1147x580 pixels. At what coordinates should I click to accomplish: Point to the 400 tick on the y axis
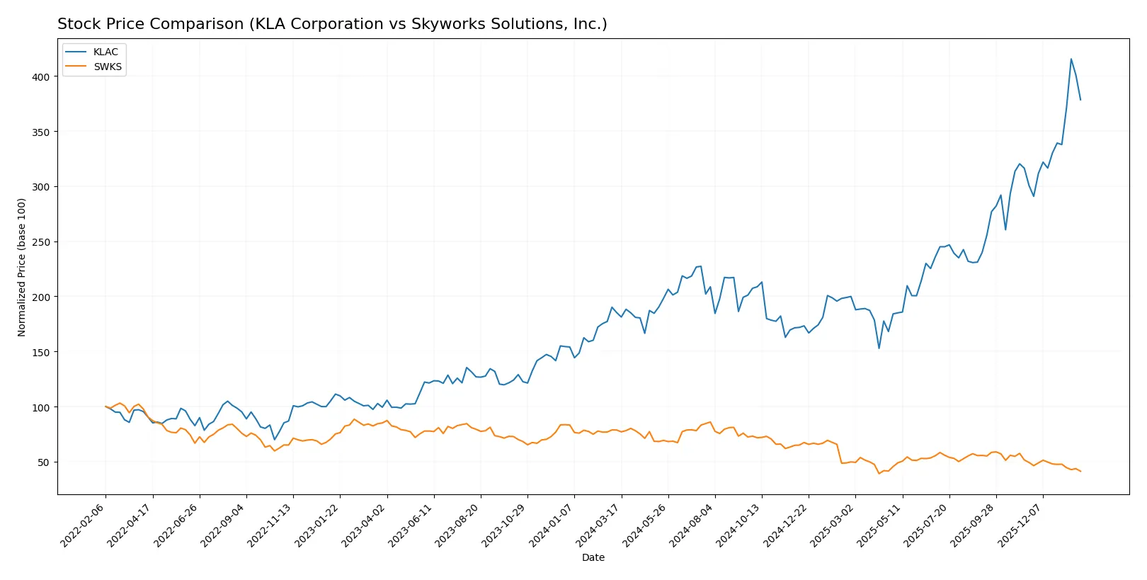pyautogui.click(x=40, y=76)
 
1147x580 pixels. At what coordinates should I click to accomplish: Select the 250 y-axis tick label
pyautogui.click(x=40, y=242)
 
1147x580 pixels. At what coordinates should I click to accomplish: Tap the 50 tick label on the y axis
pyautogui.click(x=43, y=462)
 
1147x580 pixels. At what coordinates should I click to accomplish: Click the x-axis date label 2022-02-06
pyautogui.click(x=84, y=525)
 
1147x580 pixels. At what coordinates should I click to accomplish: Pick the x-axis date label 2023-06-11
pyautogui.click(x=412, y=525)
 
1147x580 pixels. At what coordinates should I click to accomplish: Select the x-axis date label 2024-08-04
pyautogui.click(x=693, y=525)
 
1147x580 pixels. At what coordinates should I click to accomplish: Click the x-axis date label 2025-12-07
pyautogui.click(x=1021, y=525)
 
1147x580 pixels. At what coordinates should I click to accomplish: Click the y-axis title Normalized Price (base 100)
pyautogui.click(x=21, y=267)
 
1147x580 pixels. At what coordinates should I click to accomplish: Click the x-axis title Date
pyautogui.click(x=593, y=557)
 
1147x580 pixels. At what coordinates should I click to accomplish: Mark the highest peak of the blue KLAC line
pyautogui.click(x=1071, y=59)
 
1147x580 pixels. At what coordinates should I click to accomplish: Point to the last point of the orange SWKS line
pyautogui.click(x=1080, y=471)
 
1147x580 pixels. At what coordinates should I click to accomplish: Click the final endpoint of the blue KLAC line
pyautogui.click(x=1080, y=100)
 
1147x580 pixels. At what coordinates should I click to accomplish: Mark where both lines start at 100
pyautogui.click(x=105, y=406)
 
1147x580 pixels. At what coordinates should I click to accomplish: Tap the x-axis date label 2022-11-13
pyautogui.click(x=272, y=525)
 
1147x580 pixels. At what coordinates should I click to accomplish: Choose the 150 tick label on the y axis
pyautogui.click(x=40, y=352)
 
